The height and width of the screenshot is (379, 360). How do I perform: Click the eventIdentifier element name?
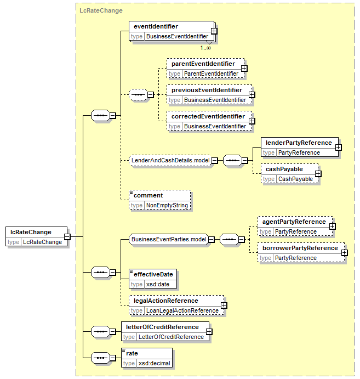(x=156, y=26)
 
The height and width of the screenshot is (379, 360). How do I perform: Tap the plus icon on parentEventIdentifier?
(x=244, y=69)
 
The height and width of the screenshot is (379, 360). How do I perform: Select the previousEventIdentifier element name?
(x=207, y=90)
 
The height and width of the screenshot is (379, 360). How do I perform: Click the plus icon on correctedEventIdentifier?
(x=252, y=121)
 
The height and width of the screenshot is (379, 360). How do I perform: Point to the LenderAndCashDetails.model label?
(x=170, y=160)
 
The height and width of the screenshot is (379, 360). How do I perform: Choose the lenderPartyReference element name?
(x=299, y=143)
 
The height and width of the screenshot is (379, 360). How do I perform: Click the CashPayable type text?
(x=295, y=179)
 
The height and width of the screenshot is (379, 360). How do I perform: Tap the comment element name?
(x=148, y=196)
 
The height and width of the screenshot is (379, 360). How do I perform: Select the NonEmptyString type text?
(x=167, y=205)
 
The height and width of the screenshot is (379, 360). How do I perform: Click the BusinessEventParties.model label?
(x=169, y=239)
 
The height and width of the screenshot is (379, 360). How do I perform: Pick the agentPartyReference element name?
(x=294, y=222)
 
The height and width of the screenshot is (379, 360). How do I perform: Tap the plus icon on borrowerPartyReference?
(x=345, y=253)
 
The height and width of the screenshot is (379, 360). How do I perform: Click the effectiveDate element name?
(x=153, y=275)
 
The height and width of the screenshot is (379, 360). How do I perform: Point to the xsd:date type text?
(x=158, y=284)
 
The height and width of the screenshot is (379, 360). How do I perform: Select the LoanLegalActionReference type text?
(x=182, y=310)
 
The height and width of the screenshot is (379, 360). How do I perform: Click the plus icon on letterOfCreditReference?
(x=209, y=332)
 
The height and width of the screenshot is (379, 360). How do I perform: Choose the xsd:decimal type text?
(x=155, y=363)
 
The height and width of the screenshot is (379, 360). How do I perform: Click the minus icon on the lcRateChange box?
(x=67, y=236)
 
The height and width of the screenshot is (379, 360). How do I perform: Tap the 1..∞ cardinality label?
(x=205, y=48)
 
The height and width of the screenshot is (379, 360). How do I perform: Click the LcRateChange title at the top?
(x=101, y=10)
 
